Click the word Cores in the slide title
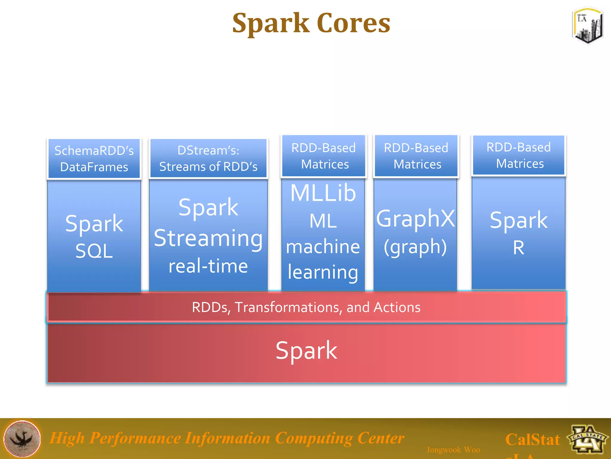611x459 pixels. tap(353, 23)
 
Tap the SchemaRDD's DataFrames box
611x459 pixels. tap(94, 159)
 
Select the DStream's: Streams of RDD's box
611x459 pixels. tap(208, 158)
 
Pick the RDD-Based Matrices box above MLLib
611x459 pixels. tap(324, 156)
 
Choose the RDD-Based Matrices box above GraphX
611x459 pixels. tap(416, 156)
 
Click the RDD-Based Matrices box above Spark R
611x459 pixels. tap(519, 155)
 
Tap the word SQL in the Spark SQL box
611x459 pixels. tap(94, 251)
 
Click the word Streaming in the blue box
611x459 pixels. tap(208, 238)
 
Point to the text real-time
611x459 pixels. tap(208, 266)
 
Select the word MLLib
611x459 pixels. tap(323, 193)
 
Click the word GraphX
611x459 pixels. tap(415, 218)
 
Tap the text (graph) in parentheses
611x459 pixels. tap(415, 247)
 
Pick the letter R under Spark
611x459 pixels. tap(519, 248)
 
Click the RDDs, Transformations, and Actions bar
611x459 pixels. tap(306, 307)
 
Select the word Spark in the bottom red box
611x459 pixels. tap(306, 351)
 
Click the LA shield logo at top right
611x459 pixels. tap(587, 26)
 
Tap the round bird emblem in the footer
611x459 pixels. tap(22, 439)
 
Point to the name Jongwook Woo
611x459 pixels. tap(453, 449)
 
